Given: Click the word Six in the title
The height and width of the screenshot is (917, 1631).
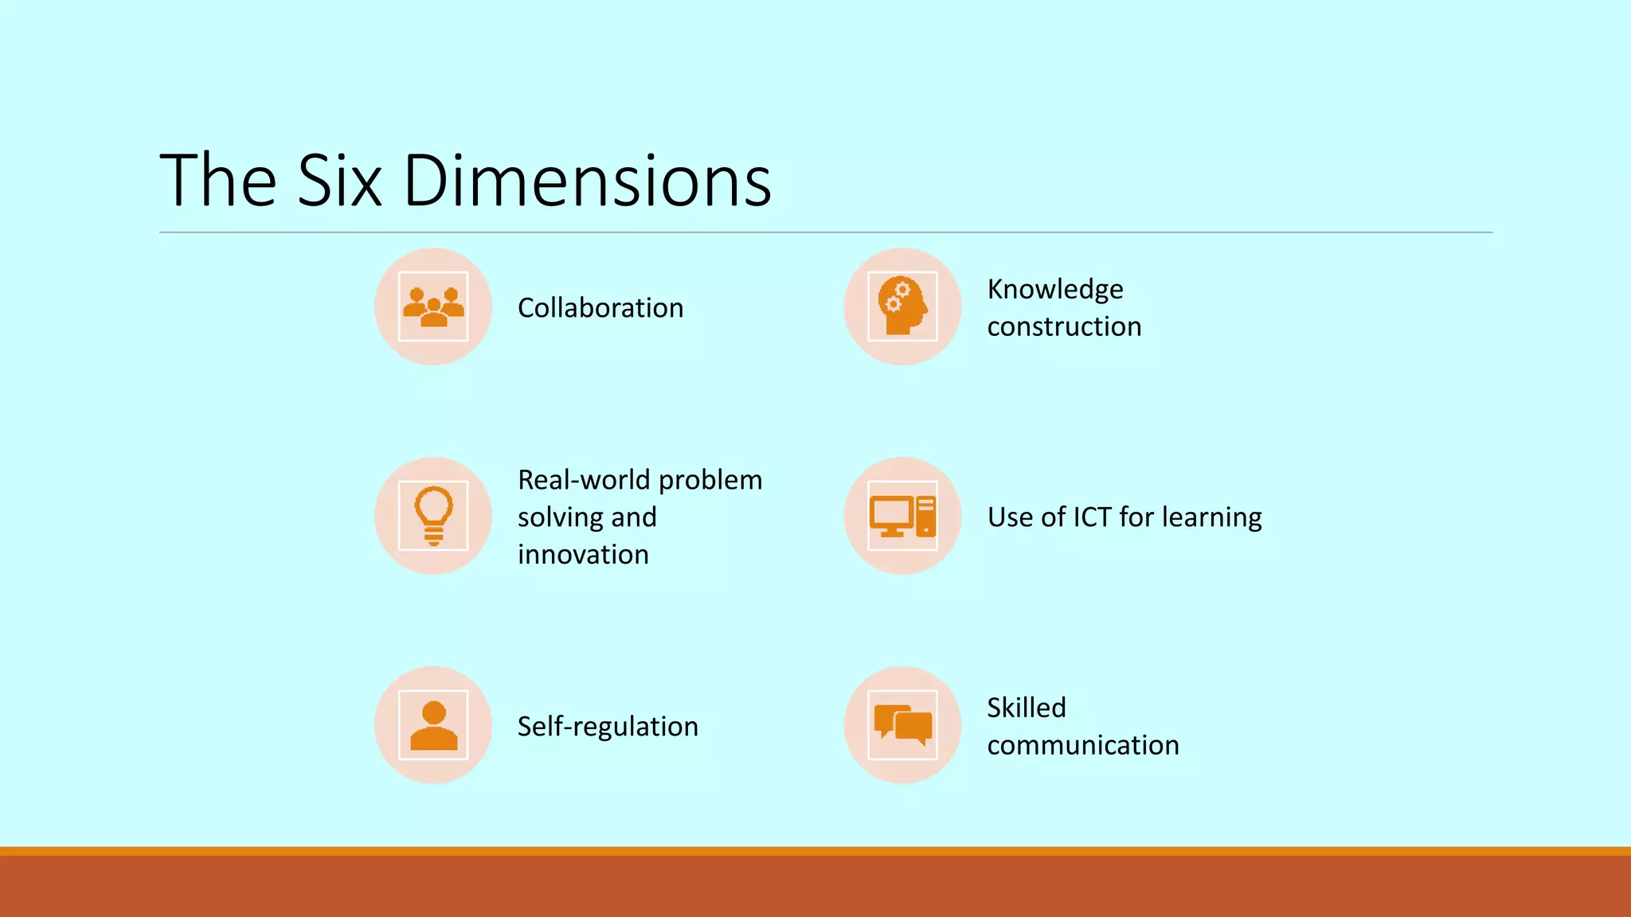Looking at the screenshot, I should click(x=339, y=181).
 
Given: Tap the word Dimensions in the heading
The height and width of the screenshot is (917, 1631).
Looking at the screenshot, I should click(x=588, y=181).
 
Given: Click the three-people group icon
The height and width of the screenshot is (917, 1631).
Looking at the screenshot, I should click(x=433, y=307).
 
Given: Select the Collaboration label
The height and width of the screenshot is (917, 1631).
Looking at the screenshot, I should click(x=600, y=308).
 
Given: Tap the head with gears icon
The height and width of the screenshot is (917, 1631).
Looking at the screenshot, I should click(x=902, y=307).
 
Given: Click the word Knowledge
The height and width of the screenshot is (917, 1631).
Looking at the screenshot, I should click(x=1055, y=289).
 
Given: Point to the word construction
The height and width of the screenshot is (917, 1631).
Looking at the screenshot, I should click(x=1064, y=326).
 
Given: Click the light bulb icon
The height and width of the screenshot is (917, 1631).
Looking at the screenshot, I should click(x=433, y=516).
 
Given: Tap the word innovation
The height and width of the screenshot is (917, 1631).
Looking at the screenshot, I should click(x=583, y=555).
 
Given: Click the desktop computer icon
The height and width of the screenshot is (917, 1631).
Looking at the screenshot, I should click(x=902, y=516).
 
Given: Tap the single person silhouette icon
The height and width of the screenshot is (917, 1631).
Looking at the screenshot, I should click(x=433, y=725).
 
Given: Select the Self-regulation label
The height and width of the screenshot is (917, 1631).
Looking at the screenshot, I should click(x=608, y=727).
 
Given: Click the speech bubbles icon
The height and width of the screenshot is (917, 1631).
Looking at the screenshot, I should click(x=902, y=725).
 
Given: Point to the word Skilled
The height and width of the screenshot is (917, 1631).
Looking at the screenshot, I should click(x=1027, y=708).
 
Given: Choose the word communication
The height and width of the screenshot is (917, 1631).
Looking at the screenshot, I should click(x=1083, y=745).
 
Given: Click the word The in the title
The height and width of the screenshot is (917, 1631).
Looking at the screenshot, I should click(x=218, y=181).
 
